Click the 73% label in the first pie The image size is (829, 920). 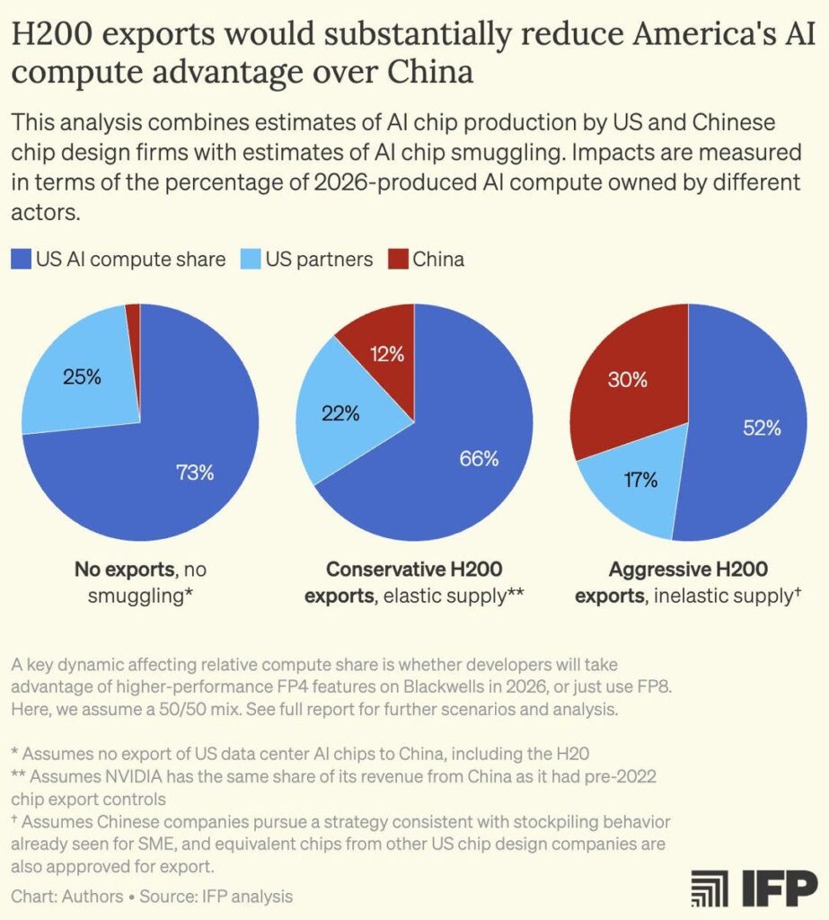195,473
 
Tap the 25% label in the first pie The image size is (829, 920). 82,376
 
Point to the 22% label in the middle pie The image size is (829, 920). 340,413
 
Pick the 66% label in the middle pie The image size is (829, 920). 479,459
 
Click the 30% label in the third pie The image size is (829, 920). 627,379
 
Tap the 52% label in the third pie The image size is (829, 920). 762,428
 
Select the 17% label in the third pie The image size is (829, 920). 639,480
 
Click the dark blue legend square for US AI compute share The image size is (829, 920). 22,261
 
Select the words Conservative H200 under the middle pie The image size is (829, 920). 414,570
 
